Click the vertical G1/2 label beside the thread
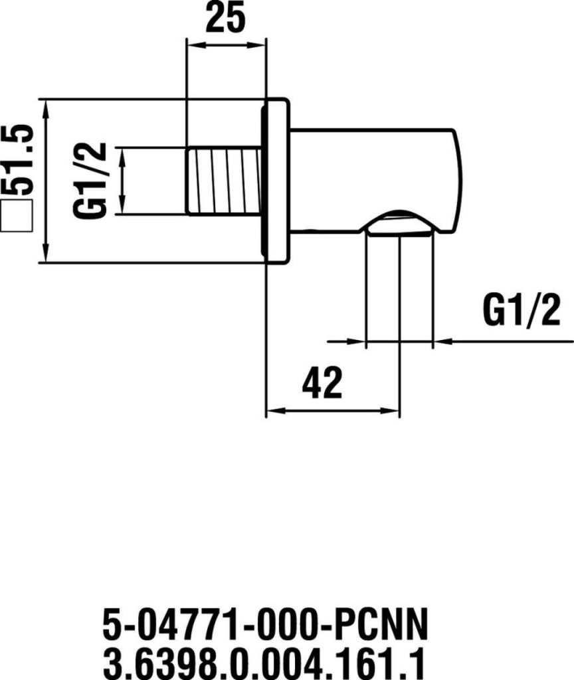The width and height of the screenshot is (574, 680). pyautogui.click(x=90, y=181)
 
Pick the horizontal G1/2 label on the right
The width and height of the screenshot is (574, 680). pyautogui.click(x=522, y=311)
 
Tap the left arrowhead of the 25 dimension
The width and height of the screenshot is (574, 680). pyautogui.click(x=192, y=45)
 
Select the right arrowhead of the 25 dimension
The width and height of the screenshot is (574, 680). pyautogui.click(x=261, y=45)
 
